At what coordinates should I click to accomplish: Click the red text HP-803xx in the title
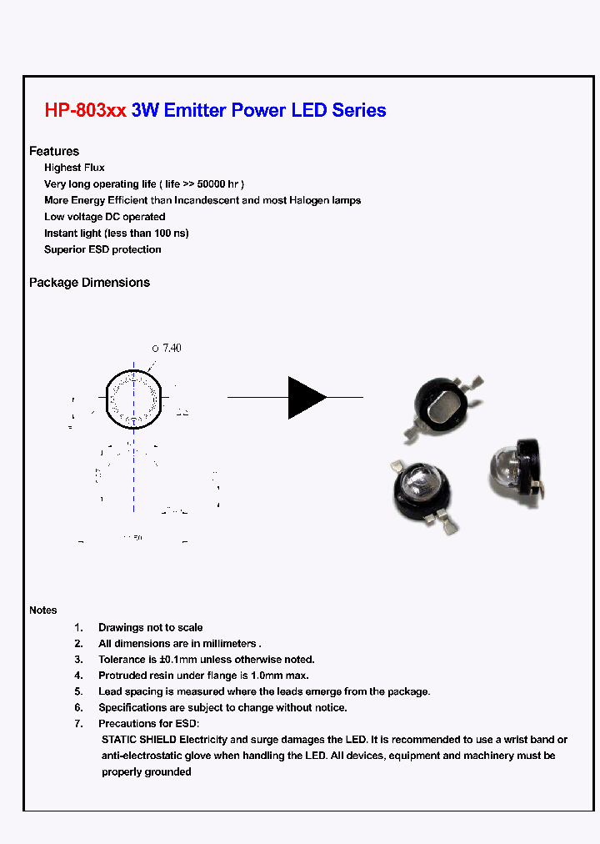85,110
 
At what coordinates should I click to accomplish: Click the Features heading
54,151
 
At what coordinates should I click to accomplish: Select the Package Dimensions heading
89,283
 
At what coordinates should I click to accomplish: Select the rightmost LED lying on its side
517,473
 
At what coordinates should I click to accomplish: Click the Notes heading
43,610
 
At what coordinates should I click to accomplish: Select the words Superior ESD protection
102,249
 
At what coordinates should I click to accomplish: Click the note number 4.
78,676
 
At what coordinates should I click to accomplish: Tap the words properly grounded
147,771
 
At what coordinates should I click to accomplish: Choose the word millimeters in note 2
227,644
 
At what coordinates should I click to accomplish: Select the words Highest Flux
74,168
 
